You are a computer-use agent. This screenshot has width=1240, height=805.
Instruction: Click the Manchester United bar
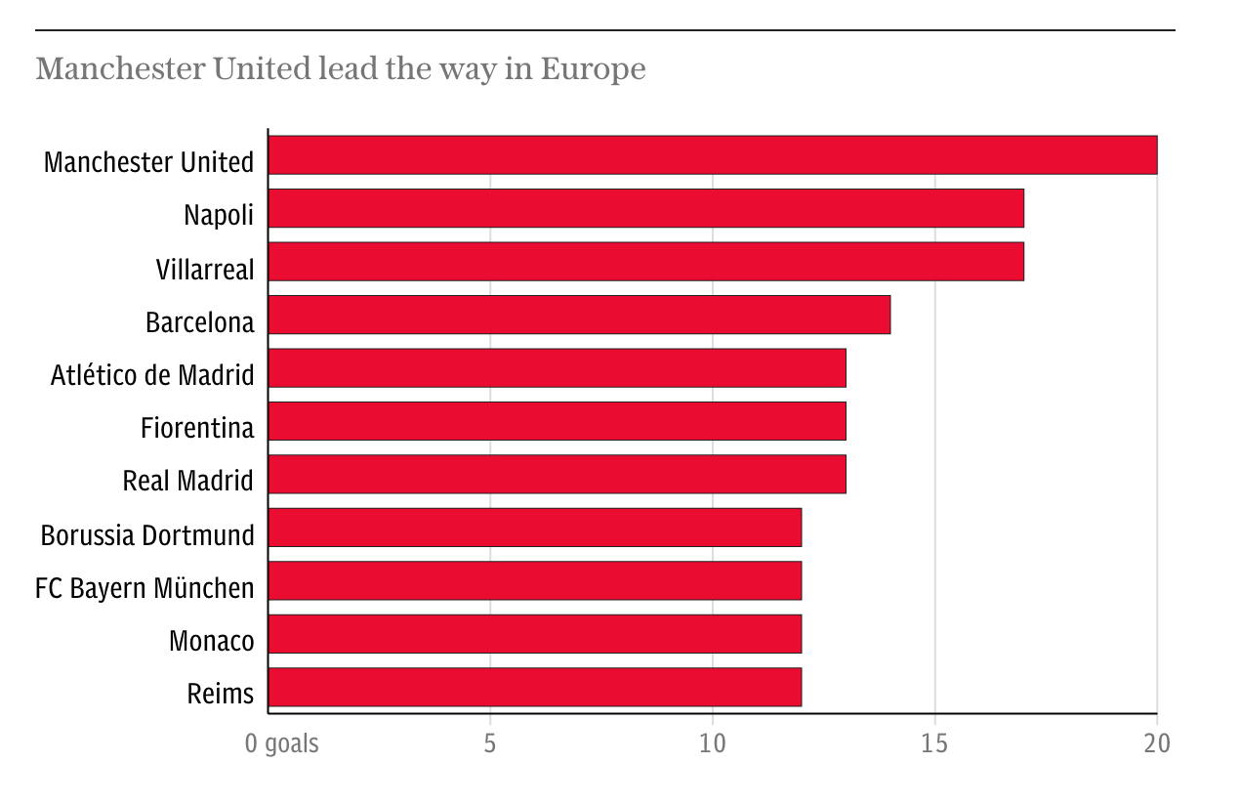712,155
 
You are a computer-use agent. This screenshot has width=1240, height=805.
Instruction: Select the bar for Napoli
645,208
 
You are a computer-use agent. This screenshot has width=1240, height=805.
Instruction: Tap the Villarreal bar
645,262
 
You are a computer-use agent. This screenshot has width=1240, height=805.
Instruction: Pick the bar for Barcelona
579,315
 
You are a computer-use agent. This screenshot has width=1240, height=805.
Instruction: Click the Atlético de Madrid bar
557,368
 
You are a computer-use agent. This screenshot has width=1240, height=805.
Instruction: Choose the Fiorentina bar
557,421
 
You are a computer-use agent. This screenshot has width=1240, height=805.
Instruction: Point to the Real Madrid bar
557,474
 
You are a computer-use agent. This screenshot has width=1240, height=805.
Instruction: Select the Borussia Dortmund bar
534,528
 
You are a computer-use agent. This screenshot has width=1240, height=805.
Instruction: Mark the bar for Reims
534,687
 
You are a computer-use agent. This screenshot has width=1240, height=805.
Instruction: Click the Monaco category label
211,641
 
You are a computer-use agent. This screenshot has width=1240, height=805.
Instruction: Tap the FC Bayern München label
145,588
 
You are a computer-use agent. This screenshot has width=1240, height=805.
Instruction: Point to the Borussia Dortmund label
147,535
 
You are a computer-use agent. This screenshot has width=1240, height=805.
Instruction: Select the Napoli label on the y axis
219,215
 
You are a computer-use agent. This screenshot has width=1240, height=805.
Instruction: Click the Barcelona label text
199,321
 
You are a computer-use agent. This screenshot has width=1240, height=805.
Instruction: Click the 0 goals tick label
281,743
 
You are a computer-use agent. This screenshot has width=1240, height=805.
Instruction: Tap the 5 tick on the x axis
490,743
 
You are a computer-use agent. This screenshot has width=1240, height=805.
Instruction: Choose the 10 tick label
713,743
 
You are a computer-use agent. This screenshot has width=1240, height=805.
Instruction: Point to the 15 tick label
934,743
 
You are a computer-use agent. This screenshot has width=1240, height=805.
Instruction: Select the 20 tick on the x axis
1157,743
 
